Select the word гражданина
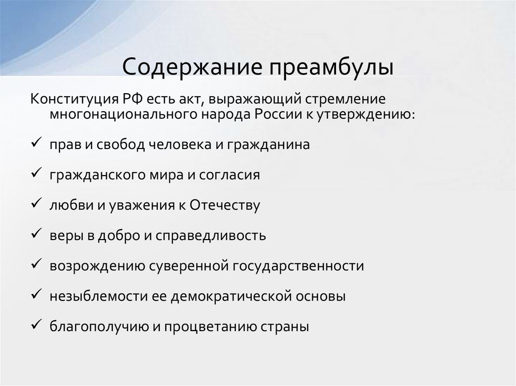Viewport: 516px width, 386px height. (x=269, y=145)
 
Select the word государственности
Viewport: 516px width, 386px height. (x=298, y=266)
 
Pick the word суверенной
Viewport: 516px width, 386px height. (x=190, y=266)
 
